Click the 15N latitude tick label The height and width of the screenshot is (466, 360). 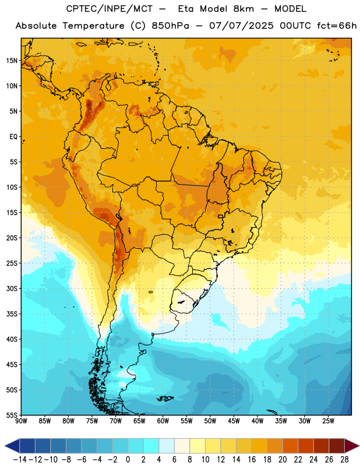coord(12,61)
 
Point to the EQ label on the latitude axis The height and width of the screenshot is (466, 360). coord(13,137)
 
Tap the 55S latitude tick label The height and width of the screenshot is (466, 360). coord(12,415)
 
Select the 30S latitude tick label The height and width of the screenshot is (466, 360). coord(12,288)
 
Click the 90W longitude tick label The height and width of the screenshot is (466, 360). coord(21,421)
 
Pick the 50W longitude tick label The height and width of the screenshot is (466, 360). coord(210,421)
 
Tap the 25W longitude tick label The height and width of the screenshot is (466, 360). coord(328,421)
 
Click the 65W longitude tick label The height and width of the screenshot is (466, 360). coord(139,421)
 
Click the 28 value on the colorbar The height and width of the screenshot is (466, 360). coord(344,460)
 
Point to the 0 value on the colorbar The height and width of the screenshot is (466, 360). coord(128,460)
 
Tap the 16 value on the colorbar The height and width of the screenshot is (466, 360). coord(252,460)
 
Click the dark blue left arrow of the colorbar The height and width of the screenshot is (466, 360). coord(12,446)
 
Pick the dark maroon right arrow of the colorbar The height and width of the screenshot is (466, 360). coord(352,446)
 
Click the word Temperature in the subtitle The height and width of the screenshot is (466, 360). coord(93,26)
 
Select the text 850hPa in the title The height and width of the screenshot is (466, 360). coord(170,26)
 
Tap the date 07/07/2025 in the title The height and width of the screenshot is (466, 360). coord(241,26)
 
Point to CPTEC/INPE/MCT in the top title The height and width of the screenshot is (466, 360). coord(109,9)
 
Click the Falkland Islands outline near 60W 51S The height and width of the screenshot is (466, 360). coord(165,398)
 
